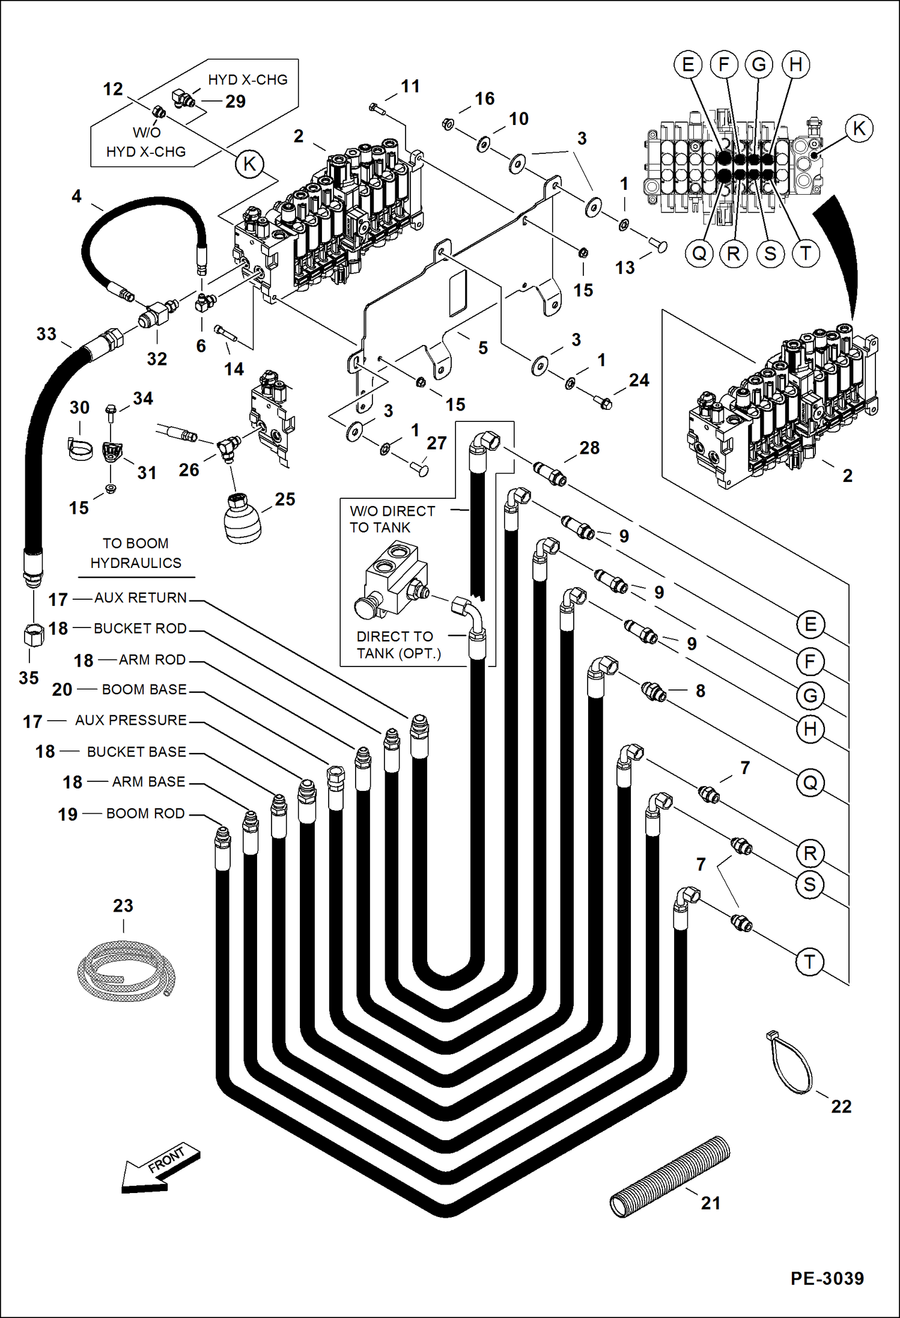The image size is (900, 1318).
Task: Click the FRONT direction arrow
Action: (160, 1169)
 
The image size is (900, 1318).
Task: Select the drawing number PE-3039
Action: (827, 1278)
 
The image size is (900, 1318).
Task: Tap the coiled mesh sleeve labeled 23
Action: (126, 971)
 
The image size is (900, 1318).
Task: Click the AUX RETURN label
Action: (141, 598)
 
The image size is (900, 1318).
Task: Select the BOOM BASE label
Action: (144, 689)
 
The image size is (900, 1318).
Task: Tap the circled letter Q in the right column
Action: (810, 783)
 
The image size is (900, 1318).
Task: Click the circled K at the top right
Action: (859, 129)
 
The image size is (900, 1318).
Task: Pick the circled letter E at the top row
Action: (688, 64)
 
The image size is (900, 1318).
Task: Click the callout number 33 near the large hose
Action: (46, 334)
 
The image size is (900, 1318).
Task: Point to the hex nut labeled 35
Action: (34, 636)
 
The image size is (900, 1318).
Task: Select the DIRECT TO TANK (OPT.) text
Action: (398, 645)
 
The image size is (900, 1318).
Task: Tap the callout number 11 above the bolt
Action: (410, 87)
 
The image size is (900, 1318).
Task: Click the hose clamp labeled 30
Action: (79, 448)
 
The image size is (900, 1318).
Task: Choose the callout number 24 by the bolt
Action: (639, 380)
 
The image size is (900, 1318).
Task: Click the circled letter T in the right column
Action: (809, 962)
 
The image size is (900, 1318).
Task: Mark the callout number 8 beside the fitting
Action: (701, 691)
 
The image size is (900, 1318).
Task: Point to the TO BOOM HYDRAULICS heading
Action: (136, 553)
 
